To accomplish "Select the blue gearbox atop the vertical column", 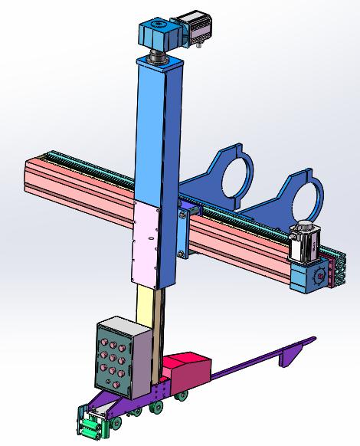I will (157, 34).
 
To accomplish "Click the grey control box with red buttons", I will (119, 356).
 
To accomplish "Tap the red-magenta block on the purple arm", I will (188, 372).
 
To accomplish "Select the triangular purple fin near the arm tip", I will (293, 353).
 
